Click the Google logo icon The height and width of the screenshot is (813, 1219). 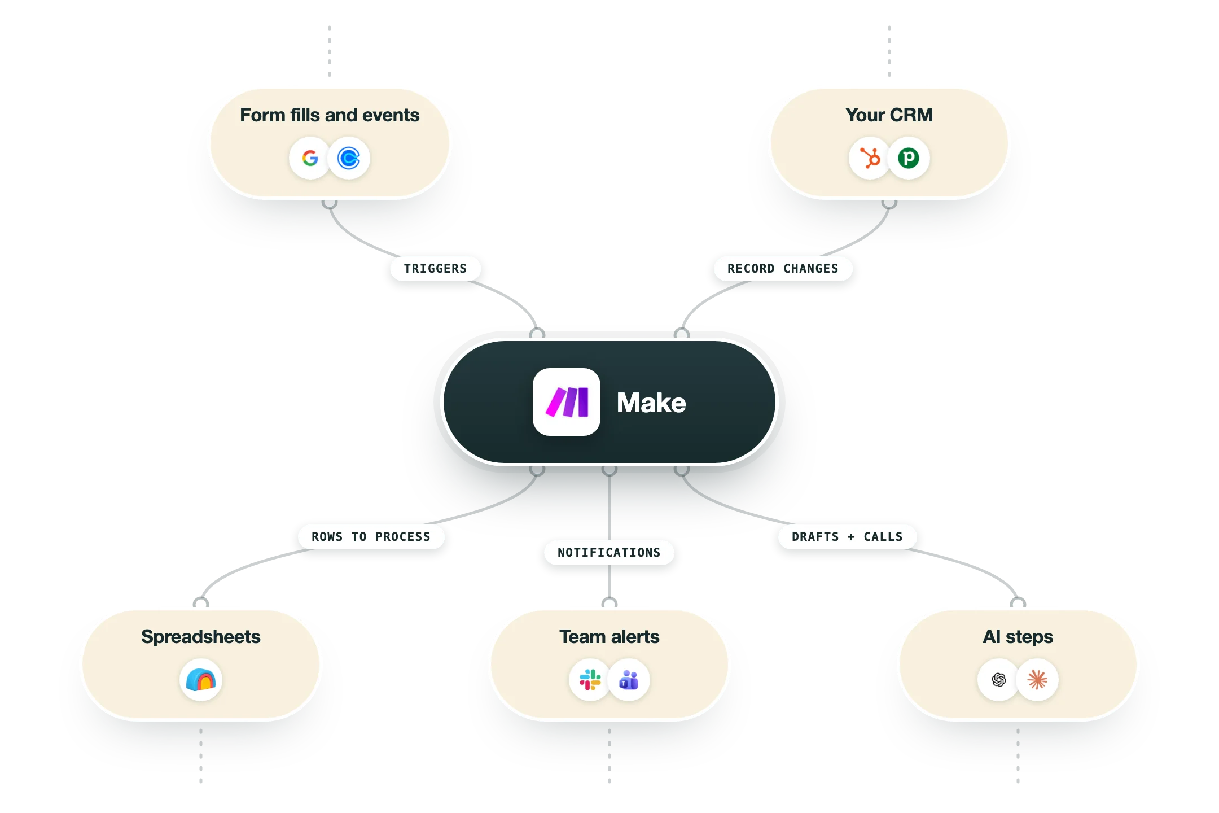coord(310,158)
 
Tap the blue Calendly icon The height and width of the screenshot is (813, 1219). coord(349,158)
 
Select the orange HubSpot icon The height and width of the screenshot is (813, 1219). coord(870,158)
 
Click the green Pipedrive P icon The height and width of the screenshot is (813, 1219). coord(909,158)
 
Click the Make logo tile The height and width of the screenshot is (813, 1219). coord(567,402)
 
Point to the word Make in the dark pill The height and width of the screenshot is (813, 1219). coord(651,403)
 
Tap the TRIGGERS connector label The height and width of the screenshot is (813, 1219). coord(435,269)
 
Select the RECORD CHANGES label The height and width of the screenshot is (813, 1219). coord(783,269)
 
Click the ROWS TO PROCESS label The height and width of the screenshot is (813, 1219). coord(371,537)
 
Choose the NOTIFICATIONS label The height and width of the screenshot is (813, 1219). coord(609,553)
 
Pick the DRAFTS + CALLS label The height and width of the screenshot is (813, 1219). coord(847,537)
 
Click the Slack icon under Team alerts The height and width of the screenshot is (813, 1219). coord(590,680)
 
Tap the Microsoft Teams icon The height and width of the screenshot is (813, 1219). coord(629,680)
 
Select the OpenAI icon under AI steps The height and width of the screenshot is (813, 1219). coord(998,680)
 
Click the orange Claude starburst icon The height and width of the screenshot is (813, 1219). coord(1037,680)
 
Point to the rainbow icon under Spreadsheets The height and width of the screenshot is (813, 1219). coord(201,680)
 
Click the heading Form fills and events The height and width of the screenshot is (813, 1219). coord(330,115)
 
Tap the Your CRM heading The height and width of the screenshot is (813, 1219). coord(889,115)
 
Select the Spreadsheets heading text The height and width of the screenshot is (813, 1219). coord(201,637)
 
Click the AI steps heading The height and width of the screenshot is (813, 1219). coord(1018,637)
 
